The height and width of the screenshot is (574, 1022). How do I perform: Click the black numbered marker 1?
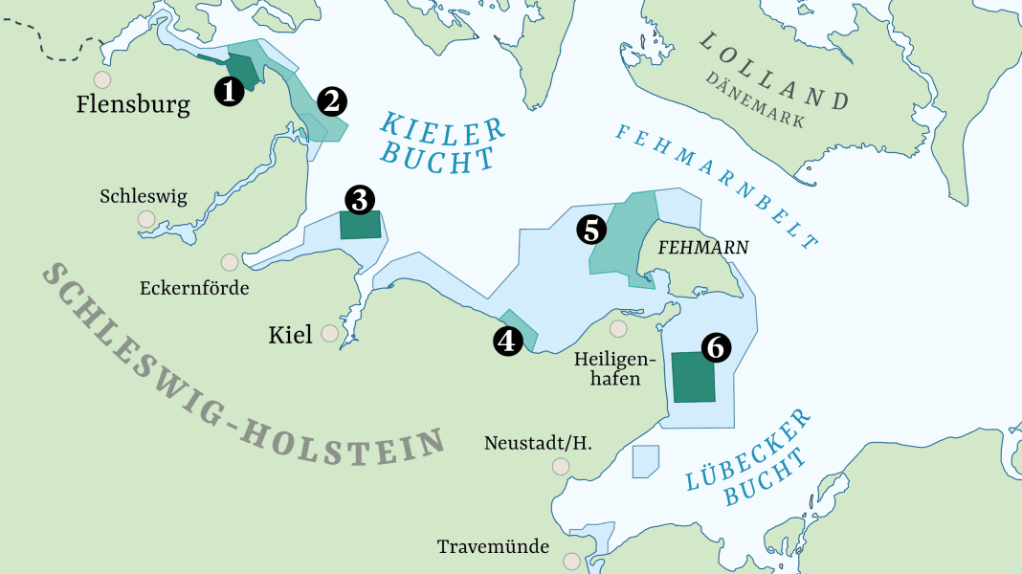tap(228, 91)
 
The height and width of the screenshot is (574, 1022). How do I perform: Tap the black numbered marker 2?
tap(332, 100)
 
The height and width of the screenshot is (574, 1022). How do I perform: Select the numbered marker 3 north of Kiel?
tap(359, 200)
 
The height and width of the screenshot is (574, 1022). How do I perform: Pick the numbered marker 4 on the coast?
tap(507, 342)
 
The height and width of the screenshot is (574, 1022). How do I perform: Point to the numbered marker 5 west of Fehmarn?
tap(590, 230)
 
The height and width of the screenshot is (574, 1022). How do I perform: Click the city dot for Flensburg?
tap(101, 80)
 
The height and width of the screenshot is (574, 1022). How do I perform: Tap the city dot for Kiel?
tap(330, 333)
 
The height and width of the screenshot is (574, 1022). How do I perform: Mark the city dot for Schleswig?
tap(146, 218)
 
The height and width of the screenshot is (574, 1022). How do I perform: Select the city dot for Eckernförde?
tap(230, 262)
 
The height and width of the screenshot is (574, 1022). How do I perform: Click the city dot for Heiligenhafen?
tap(618, 329)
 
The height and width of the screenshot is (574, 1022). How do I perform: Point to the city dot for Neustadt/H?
tap(560, 466)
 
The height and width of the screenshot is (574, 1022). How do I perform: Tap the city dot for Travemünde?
tap(572, 561)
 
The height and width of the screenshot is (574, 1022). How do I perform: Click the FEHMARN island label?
tap(703, 248)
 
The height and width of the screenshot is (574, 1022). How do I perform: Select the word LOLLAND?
tap(774, 71)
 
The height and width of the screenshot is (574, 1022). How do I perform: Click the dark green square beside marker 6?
tap(693, 377)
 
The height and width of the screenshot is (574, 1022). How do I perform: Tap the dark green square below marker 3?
tap(361, 226)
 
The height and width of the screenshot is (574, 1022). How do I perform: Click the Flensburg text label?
tap(133, 104)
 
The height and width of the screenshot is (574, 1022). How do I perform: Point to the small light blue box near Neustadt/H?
tap(646, 461)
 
